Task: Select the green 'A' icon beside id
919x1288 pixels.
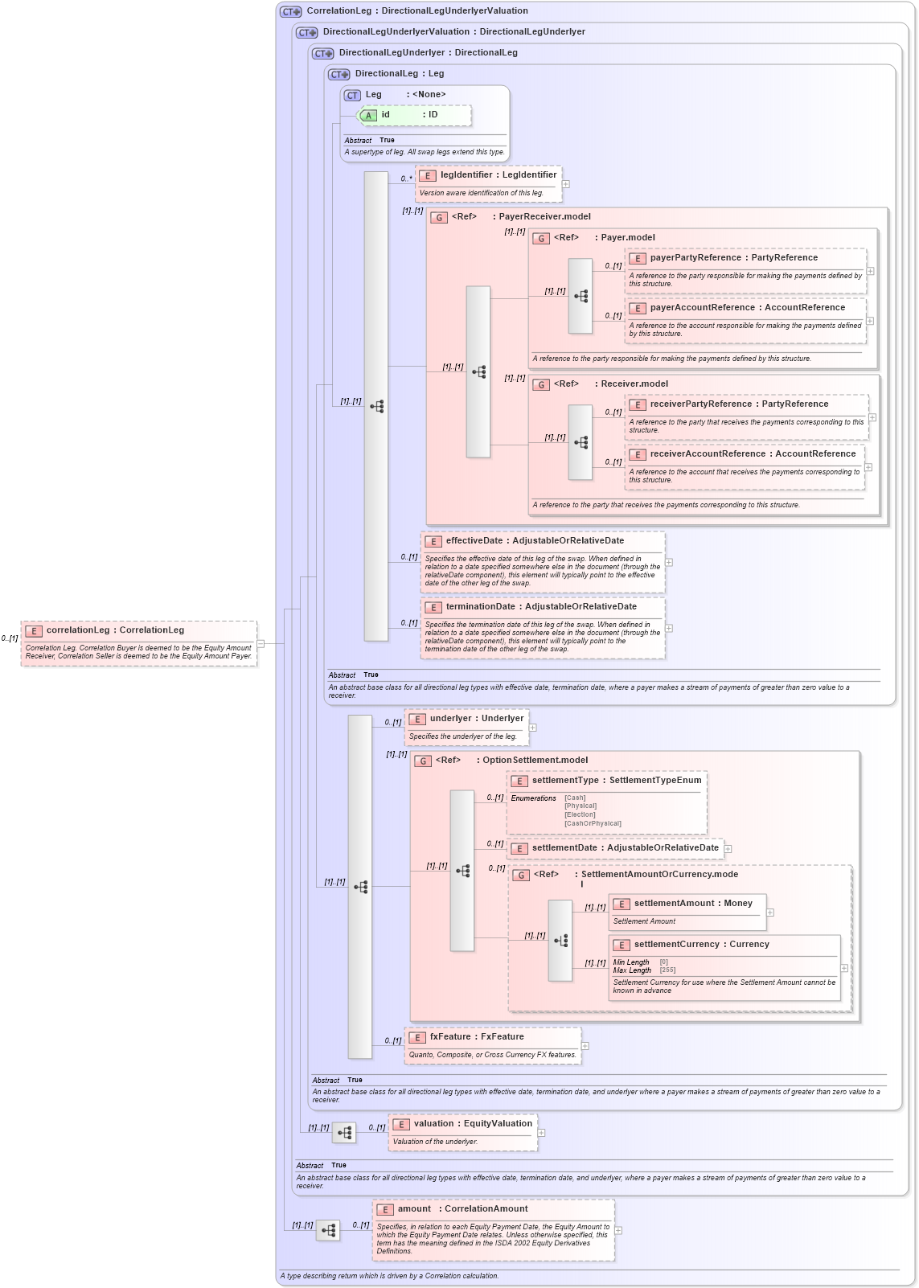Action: click(368, 116)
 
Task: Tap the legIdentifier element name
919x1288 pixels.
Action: click(466, 175)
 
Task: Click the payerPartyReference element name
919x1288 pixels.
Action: click(695, 258)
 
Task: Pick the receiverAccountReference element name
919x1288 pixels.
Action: click(708, 454)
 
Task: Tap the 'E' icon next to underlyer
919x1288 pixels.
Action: click(416, 720)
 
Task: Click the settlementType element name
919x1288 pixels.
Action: click(565, 781)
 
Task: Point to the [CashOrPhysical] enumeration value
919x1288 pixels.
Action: click(593, 823)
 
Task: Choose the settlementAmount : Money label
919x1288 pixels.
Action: click(693, 904)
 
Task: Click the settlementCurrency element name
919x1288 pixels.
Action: click(676, 945)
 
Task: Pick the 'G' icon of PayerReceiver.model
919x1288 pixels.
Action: click(439, 218)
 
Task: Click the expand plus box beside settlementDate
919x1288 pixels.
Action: click(728, 849)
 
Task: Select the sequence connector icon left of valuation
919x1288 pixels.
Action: click(344, 1133)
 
